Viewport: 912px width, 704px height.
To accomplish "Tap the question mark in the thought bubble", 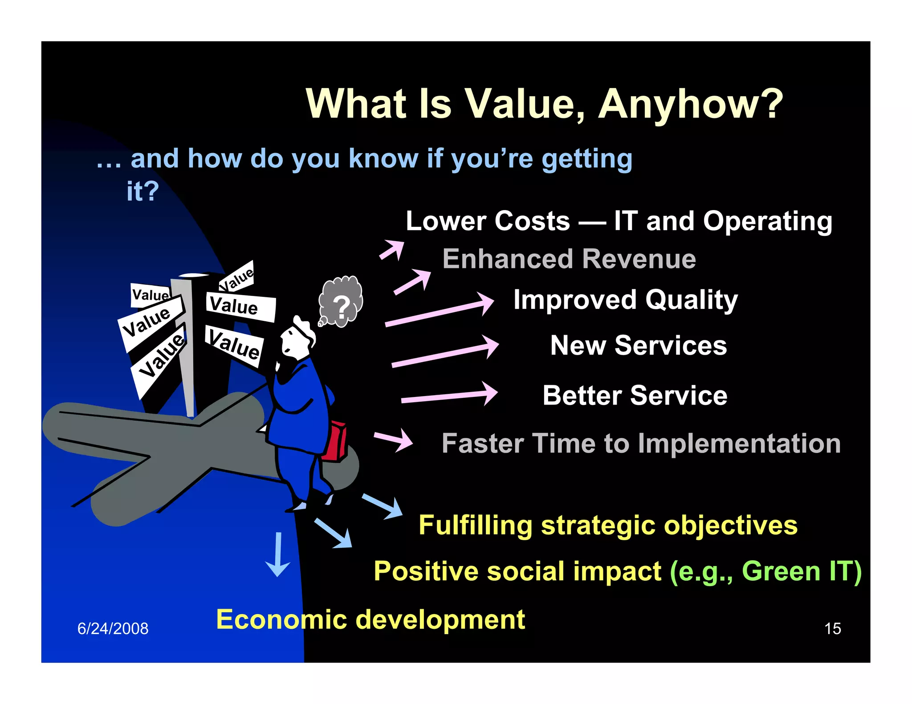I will [x=342, y=307].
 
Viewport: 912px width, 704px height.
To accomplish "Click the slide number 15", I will [x=832, y=628].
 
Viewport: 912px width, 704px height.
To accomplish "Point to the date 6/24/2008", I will [x=113, y=628].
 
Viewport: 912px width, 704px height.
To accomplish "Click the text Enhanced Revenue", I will [x=569, y=259].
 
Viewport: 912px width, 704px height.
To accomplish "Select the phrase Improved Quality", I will [x=625, y=300].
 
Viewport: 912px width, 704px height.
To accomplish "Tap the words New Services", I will [x=638, y=345].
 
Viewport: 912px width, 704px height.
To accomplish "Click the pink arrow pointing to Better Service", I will [x=450, y=395].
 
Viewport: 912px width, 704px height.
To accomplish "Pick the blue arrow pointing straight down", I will [x=278, y=554].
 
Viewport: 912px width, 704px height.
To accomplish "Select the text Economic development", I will [x=370, y=619].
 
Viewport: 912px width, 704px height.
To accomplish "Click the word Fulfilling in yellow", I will [x=475, y=525].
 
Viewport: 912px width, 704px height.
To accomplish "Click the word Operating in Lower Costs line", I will [x=767, y=221].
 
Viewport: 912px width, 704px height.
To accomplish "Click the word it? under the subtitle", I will [x=142, y=191].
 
